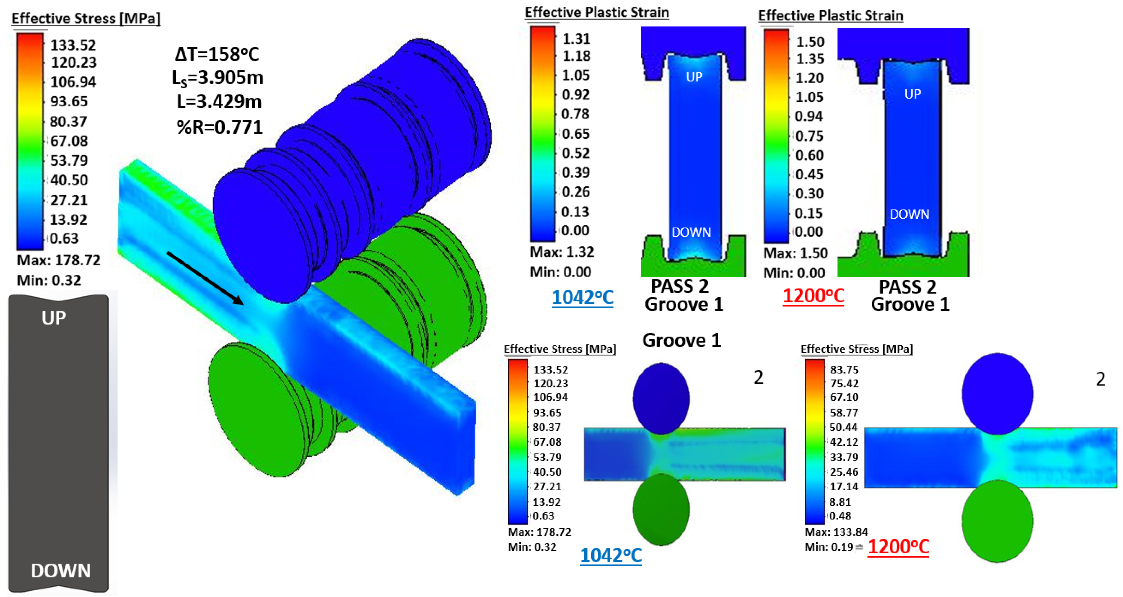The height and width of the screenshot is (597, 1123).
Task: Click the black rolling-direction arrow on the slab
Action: coord(205,278)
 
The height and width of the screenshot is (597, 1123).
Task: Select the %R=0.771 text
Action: coord(219,127)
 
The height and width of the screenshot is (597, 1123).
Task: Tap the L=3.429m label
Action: coord(219,102)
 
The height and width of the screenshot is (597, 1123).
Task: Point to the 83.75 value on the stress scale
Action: coord(844,370)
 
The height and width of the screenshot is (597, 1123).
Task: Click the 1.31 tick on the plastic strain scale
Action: coord(576,39)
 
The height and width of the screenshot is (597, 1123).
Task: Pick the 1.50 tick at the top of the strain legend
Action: coord(810,42)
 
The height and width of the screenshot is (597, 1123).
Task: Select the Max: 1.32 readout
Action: coord(561,252)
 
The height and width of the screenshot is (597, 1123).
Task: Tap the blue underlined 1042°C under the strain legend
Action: coord(582,298)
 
